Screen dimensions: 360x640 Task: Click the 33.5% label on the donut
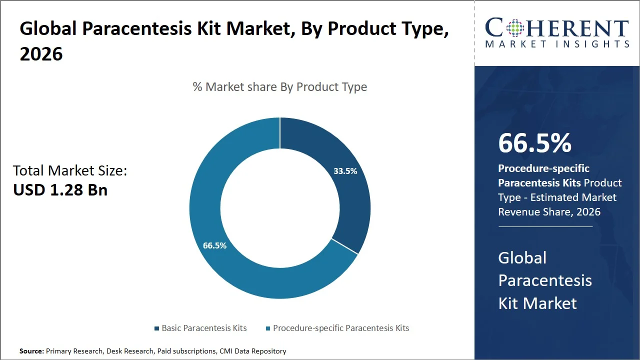345,171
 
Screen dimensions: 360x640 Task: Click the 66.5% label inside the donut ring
214,245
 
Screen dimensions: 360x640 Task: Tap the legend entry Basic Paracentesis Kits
204,328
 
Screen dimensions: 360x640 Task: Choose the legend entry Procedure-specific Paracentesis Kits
340,328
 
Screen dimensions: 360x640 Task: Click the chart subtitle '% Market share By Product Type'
280,87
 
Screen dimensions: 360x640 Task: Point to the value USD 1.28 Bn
60,190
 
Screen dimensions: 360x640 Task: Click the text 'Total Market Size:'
70,171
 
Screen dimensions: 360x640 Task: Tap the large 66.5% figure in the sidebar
534,143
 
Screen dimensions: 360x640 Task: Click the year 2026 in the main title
41,54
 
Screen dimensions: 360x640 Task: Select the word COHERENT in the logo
557,28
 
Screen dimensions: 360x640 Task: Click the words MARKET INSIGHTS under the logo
557,44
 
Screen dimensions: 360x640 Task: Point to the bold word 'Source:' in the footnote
31,351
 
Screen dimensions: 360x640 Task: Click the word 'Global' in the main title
47,29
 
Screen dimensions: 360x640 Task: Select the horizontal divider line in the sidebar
545,226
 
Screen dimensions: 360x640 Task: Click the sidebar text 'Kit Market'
537,303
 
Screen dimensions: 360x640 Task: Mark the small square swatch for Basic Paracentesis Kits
157,328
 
